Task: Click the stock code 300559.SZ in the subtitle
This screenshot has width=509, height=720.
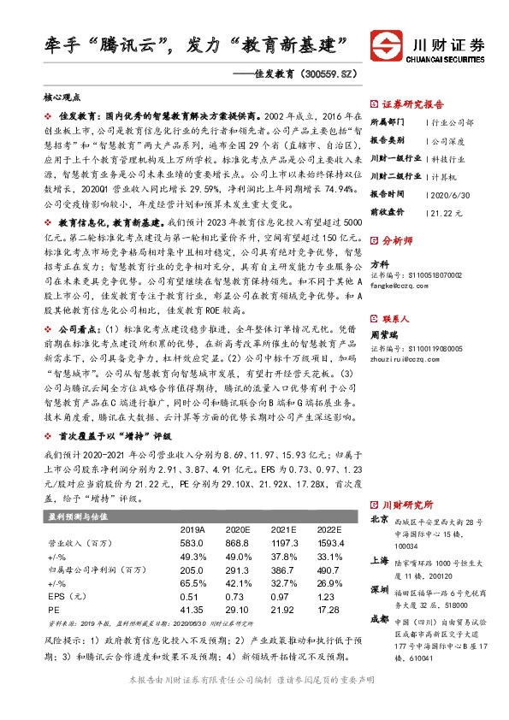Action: tap(324, 74)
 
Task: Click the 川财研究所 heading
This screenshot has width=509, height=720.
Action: tap(409, 504)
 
